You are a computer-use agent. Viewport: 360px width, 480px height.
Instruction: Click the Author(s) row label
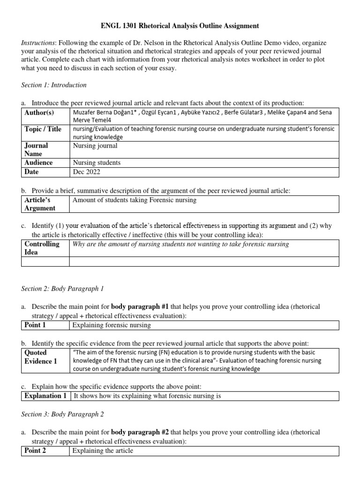(39, 112)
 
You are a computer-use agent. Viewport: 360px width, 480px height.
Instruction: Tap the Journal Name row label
(36, 150)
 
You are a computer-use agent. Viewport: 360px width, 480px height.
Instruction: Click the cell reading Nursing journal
(95, 146)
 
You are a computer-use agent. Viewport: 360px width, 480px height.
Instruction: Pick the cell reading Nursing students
(97, 163)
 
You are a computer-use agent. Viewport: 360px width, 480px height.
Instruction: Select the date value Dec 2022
(87, 172)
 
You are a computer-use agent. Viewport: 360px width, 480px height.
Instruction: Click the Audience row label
(38, 163)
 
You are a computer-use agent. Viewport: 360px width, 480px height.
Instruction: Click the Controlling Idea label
(42, 248)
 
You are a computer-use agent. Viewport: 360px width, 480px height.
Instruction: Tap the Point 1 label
(35, 325)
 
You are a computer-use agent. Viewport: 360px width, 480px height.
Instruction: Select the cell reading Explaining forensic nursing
(112, 325)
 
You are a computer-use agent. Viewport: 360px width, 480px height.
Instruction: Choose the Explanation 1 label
(45, 396)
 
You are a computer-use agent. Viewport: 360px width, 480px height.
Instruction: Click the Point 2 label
(35, 450)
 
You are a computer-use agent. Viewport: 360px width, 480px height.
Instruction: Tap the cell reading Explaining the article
(103, 450)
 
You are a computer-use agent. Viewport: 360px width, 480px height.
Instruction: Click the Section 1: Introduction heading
(54, 85)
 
